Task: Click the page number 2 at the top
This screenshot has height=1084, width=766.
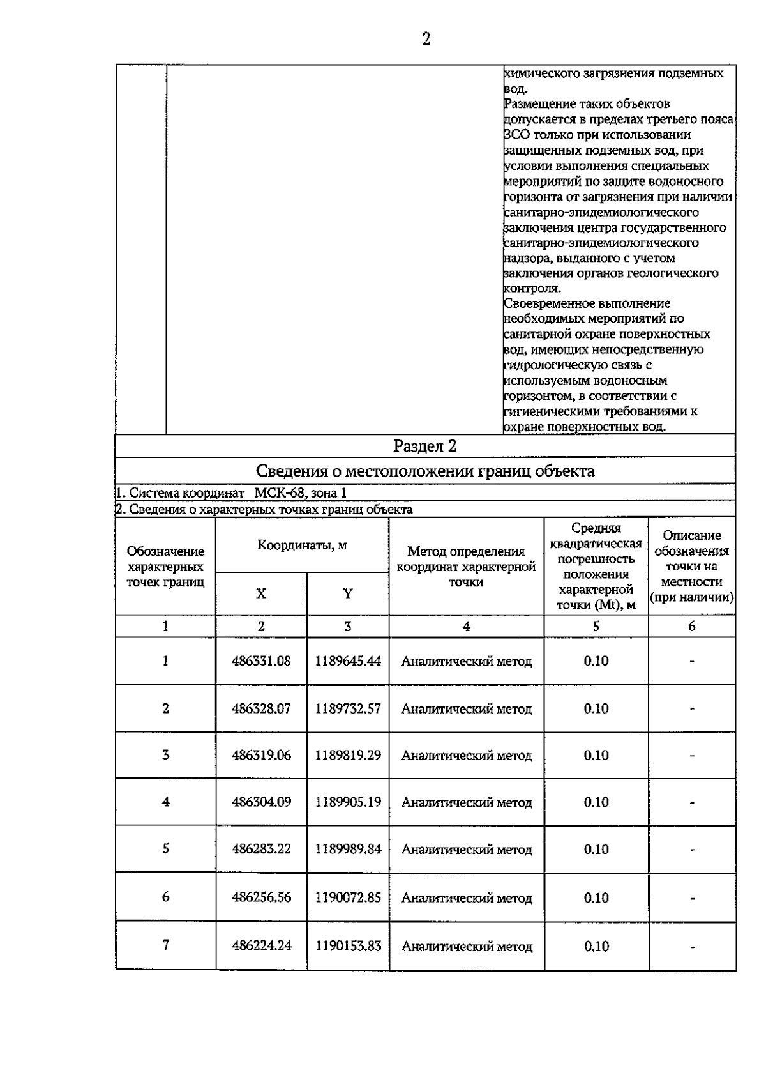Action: pos(426,40)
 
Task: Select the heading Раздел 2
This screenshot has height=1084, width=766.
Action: pos(424,446)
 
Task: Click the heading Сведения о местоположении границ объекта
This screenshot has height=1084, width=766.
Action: pos(424,471)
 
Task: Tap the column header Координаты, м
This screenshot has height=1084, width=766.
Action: pos(302,546)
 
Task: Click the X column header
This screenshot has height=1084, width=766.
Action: pos(261,593)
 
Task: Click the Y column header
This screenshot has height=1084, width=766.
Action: pos(348,593)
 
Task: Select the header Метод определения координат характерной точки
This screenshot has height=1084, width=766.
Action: pos(466,566)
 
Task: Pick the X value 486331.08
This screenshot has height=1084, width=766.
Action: pos(261,661)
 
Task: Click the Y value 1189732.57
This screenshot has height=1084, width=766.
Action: pos(348,708)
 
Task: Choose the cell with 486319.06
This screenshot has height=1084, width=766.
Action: pos(261,755)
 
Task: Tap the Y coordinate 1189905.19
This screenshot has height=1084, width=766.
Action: pos(348,802)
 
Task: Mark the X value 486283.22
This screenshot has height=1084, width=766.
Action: pos(261,849)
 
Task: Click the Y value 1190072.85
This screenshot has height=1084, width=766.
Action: pos(348,897)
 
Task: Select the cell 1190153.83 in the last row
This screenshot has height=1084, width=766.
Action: pos(348,946)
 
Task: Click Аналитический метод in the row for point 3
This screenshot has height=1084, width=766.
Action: pos(466,756)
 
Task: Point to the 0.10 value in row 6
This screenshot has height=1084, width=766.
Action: pos(596,898)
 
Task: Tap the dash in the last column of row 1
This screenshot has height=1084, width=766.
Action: pos(692,662)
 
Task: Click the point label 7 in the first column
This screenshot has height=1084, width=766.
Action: pos(166,945)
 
